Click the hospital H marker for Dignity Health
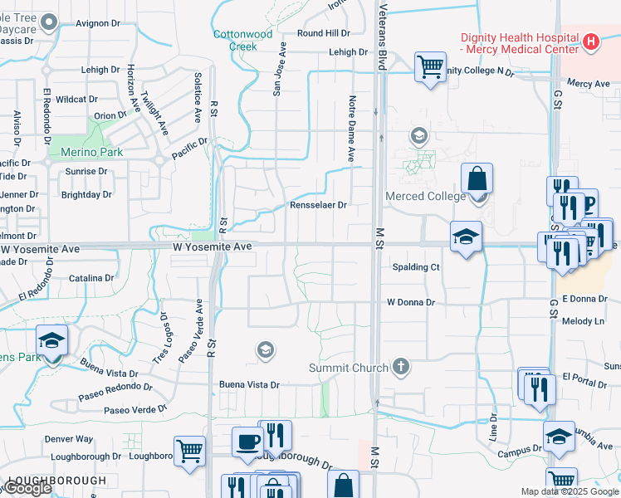591,41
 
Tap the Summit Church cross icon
400,367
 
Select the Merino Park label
91,152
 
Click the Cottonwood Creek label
242,40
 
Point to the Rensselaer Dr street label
318,204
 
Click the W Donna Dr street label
410,303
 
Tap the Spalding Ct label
415,267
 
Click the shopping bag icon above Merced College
477,178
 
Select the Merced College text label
424,196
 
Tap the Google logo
27,489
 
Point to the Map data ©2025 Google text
569,491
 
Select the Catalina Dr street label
91,278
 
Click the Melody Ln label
584,320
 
